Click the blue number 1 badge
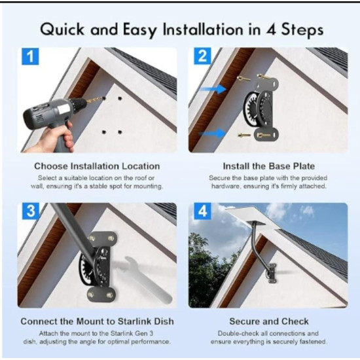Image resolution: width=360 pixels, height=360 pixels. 30,56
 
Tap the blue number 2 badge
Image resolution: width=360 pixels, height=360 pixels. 202,56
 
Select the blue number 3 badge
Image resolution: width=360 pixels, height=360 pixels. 31,211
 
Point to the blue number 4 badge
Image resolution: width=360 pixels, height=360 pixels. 202,211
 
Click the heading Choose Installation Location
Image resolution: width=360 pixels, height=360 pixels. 97,166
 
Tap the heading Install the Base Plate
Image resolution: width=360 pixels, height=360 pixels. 269,166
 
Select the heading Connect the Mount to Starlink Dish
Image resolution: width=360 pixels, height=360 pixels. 97,321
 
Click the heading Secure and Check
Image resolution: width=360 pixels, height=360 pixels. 269,321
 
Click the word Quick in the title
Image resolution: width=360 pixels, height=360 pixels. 62,30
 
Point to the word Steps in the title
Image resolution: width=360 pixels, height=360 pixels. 302,30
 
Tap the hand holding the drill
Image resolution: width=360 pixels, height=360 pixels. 54,139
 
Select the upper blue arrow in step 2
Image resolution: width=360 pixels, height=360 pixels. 213,88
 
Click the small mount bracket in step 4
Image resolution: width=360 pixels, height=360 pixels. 272,273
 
